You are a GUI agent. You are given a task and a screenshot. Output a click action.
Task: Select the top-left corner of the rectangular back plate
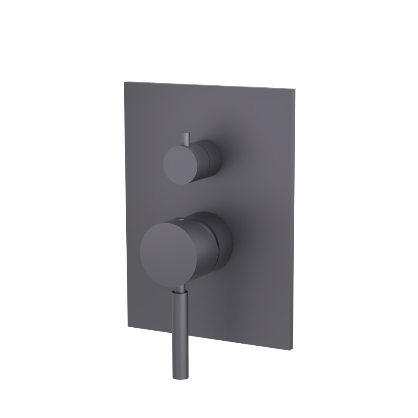coord(125,82)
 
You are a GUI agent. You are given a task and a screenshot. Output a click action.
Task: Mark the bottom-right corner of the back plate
coord(293,349)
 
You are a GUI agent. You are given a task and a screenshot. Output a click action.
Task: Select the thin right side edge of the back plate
coord(294,217)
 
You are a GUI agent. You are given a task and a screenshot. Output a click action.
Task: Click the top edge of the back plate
coord(209,85)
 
